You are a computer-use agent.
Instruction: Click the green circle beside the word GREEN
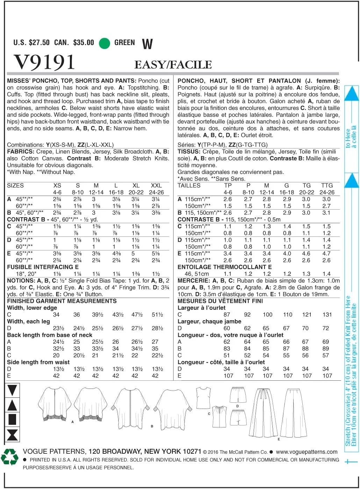105,43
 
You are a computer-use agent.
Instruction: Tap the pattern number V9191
44,62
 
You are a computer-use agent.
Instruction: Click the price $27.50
39,43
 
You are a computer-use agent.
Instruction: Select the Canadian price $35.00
84,43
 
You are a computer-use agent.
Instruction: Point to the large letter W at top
147,44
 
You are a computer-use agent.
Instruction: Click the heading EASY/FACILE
173,65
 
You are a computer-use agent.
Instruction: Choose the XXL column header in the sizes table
156,185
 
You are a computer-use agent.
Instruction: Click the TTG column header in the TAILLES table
327,185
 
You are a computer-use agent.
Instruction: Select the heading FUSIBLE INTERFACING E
43,267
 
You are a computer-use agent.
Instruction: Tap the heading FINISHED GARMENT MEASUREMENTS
62,301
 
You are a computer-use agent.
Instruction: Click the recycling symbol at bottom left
9,457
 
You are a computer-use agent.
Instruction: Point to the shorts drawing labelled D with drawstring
238,395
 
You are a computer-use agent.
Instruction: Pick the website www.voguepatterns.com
307,452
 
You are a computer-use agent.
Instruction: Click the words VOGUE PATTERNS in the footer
54,451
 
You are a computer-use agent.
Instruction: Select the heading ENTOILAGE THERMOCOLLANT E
224,267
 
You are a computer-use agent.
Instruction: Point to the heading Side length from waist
38,362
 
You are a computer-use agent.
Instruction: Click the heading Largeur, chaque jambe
209,321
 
